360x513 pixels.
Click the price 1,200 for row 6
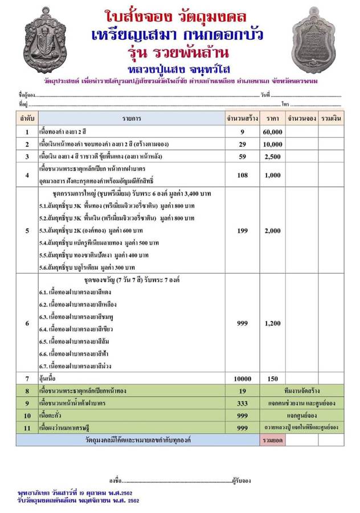tap(273, 323)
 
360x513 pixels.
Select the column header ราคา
tap(273, 118)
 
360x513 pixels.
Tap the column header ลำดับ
tap(27, 118)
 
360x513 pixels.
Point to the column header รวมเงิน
tap(331, 118)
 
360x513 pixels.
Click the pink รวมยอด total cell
tap(273, 440)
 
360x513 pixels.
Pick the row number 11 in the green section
tap(27, 427)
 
